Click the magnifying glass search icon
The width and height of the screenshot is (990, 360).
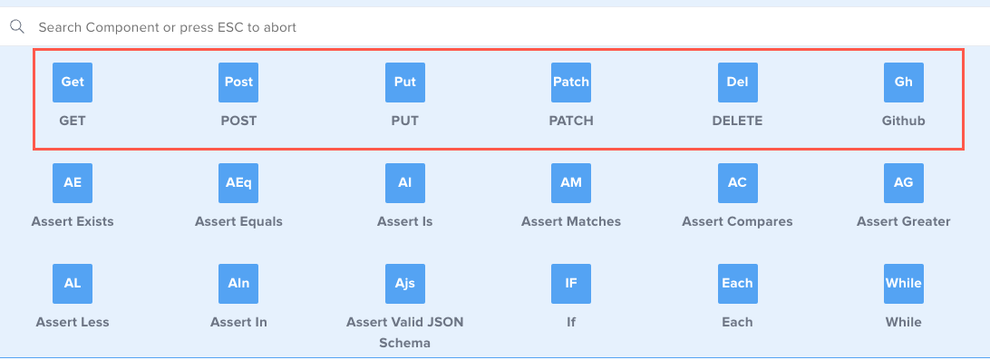point(16,27)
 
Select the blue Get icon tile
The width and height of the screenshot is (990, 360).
point(73,82)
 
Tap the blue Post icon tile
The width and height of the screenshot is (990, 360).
point(238,82)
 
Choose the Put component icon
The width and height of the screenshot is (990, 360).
point(404,82)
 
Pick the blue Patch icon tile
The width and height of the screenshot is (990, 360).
point(571,82)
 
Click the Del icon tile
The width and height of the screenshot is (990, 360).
point(737,82)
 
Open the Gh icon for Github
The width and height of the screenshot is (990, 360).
point(903,82)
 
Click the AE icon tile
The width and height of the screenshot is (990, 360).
point(73,182)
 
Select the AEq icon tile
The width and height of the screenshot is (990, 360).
point(238,182)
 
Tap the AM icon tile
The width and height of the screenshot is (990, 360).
point(571,182)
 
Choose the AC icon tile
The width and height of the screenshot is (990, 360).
point(737,182)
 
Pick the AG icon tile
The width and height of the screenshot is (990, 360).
point(903,182)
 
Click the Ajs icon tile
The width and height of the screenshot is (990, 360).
point(404,283)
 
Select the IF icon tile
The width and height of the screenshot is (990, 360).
point(571,283)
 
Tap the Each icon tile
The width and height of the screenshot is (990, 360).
point(737,283)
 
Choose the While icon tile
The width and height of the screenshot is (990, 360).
point(903,283)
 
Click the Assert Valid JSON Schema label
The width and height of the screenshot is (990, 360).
point(404,333)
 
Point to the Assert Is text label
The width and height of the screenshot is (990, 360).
point(404,221)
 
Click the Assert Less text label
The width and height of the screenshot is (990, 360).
point(73,322)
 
